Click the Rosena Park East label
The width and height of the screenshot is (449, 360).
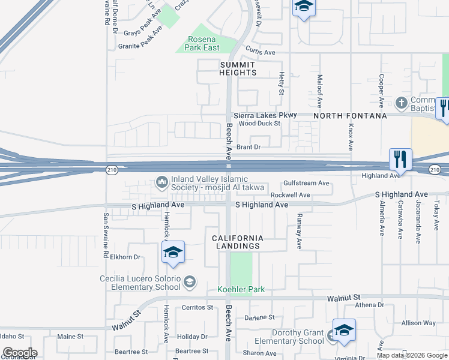(201, 44)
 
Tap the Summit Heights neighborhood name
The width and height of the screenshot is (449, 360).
(238, 68)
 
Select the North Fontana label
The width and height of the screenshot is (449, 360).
(349, 115)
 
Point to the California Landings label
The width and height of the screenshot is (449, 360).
(238, 242)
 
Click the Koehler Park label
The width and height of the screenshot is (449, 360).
(241, 289)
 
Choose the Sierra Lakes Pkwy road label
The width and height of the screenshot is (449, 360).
(265, 115)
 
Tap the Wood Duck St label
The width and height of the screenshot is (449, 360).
(260, 124)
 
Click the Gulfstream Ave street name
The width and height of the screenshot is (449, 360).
(307, 183)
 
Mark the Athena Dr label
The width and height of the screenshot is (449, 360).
(369, 305)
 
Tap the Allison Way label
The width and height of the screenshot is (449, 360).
(419, 323)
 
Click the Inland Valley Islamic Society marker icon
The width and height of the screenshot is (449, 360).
(161, 182)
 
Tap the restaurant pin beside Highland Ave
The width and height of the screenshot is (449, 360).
(400, 160)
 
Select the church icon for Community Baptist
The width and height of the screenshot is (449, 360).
(400, 102)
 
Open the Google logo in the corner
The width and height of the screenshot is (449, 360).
(19, 353)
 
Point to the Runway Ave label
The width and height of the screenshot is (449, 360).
(299, 233)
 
